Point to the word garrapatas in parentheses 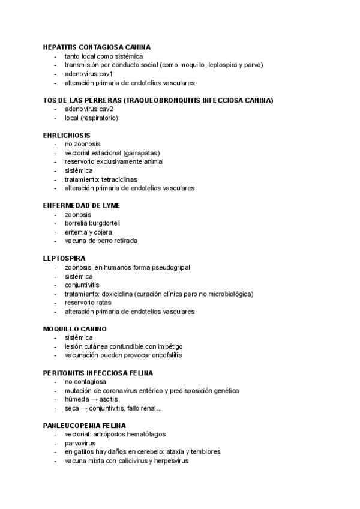[141, 153]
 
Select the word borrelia [77, 223]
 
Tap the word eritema [76, 232]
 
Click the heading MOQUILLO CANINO [75, 330]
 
